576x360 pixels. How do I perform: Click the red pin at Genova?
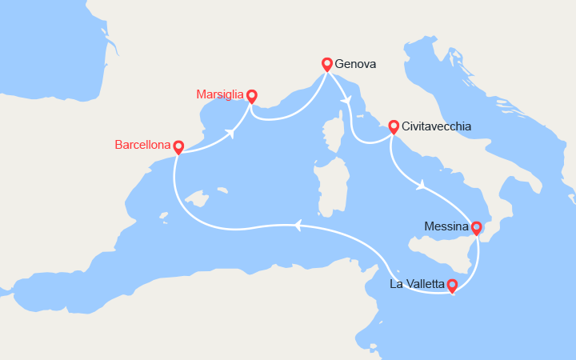[x=326, y=63]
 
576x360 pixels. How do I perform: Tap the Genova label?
[x=355, y=64]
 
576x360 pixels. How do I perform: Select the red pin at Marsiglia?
[x=252, y=95]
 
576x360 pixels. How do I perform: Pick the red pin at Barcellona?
[x=178, y=146]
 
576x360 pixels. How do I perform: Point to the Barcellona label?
[x=142, y=146]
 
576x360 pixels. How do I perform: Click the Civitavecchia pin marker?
[x=394, y=126]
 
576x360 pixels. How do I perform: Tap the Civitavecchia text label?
[x=437, y=126]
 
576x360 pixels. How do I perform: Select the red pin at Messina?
[x=477, y=228]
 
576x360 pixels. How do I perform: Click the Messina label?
[x=446, y=227]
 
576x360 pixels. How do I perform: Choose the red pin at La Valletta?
[x=452, y=284]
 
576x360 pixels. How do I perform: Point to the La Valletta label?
[x=416, y=284]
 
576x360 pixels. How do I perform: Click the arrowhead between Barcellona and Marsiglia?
[x=231, y=134]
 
